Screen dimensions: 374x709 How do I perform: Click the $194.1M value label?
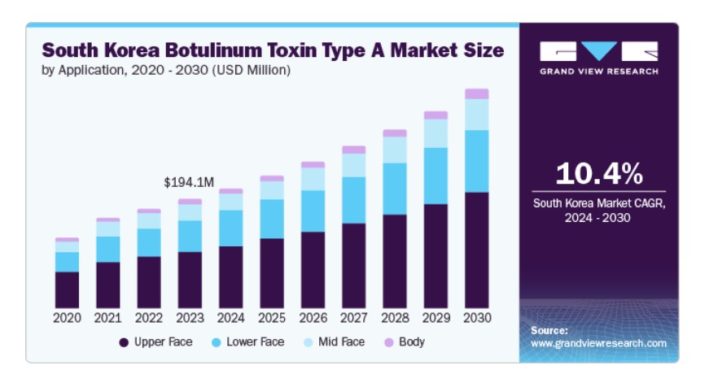(x=188, y=182)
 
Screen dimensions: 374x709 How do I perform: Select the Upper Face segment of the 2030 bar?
(x=476, y=250)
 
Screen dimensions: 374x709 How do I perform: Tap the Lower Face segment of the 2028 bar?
(x=395, y=189)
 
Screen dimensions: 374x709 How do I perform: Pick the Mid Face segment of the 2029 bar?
(x=435, y=133)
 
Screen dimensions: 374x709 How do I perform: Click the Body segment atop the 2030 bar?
(x=476, y=93)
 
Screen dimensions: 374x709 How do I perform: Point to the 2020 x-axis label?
(x=68, y=318)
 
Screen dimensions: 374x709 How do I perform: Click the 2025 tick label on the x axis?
(x=272, y=318)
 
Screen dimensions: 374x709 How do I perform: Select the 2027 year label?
(x=353, y=318)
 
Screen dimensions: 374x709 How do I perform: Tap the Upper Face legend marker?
(x=124, y=342)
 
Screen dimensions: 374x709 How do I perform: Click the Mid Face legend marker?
(x=309, y=342)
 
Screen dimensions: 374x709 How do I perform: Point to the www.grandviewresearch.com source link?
(x=598, y=343)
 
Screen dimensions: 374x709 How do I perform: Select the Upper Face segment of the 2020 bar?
(x=68, y=289)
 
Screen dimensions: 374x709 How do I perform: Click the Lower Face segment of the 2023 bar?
(x=190, y=236)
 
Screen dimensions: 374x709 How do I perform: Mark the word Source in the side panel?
(x=549, y=331)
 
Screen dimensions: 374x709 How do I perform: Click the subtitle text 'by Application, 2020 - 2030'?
(x=122, y=70)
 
